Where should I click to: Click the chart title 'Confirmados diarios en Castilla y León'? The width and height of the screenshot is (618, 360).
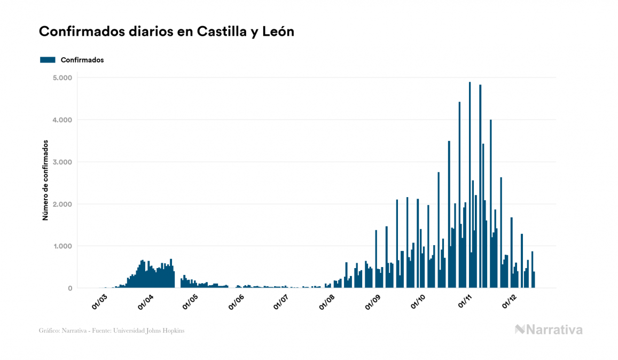tap(167, 32)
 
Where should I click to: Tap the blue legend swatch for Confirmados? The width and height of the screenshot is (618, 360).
tap(48, 60)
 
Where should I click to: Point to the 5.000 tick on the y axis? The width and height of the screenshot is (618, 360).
tap(63, 78)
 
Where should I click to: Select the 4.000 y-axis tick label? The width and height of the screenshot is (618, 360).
tap(63, 120)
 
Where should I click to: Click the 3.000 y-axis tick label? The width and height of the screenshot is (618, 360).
tap(63, 162)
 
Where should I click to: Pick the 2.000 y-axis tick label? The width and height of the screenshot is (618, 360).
tap(63, 205)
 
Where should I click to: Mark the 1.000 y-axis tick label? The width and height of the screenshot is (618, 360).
tap(63, 247)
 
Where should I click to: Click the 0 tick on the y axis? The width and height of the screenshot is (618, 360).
tap(70, 288)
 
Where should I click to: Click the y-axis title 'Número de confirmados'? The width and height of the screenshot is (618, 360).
tap(45, 181)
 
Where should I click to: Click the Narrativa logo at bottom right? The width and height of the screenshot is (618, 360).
tap(549, 330)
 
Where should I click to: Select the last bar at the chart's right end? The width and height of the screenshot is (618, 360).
tap(534, 280)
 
